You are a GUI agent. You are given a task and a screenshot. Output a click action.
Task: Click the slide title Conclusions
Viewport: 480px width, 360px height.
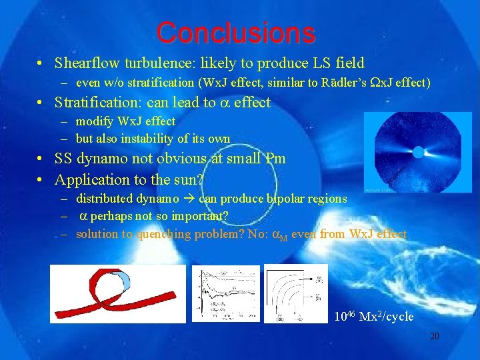[235, 31]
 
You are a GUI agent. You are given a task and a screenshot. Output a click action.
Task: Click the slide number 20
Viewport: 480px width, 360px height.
[434, 336]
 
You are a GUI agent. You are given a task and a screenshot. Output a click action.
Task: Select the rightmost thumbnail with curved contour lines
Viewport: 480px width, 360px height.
[293, 294]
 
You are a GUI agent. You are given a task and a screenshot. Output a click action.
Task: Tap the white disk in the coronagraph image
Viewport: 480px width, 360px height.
[418, 151]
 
